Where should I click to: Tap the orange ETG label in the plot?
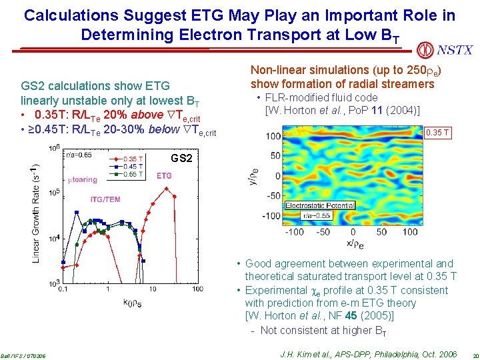164,175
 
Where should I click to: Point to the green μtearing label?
83,179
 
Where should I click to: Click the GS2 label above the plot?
182,159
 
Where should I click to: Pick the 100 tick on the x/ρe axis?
409,232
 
